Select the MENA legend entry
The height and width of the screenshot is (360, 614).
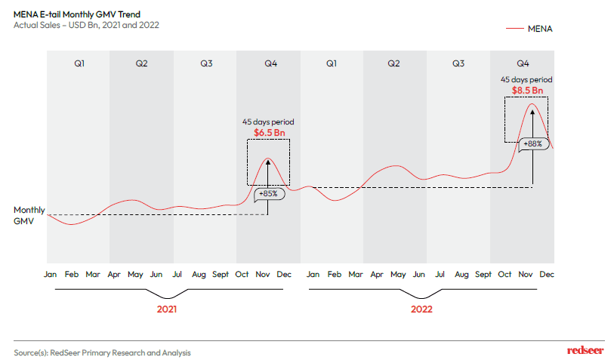tap(540, 29)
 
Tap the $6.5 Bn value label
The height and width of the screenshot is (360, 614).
tap(269, 132)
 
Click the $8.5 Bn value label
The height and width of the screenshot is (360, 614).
tap(527, 91)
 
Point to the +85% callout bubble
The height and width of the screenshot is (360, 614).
tap(267, 193)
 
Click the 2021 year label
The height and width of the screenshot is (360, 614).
tap(167, 309)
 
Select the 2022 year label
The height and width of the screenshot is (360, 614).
tap(421, 309)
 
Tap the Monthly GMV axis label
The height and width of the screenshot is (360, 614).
tap(29, 216)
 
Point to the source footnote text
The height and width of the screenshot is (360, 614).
tap(102, 352)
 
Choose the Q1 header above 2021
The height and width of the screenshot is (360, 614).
tap(79, 63)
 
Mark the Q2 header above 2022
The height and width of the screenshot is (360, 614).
tap(394, 63)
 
